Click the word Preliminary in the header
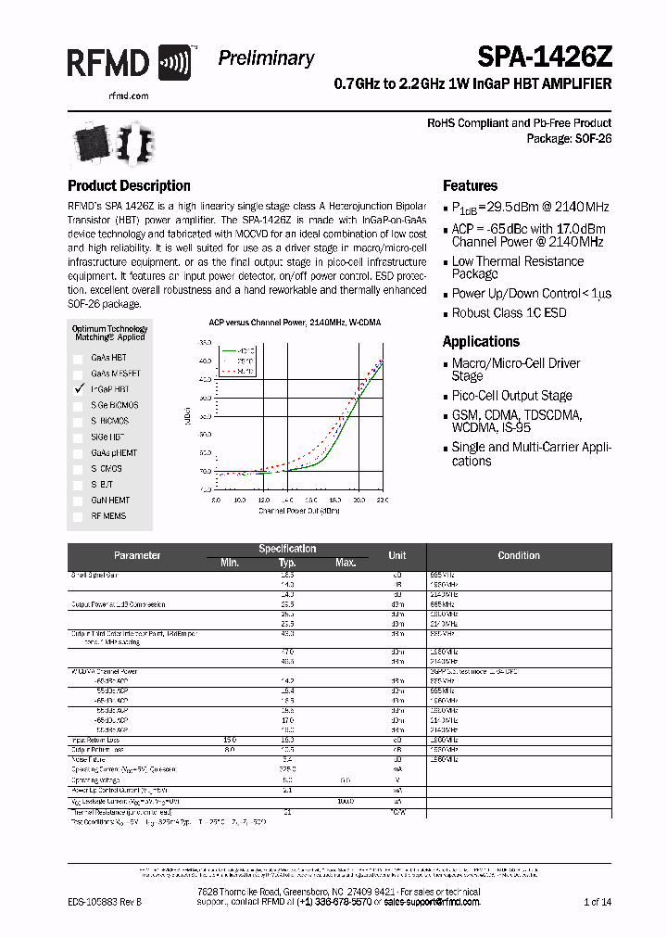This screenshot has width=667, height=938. point(266,58)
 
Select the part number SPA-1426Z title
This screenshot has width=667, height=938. point(545,58)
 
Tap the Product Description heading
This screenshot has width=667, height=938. point(129,185)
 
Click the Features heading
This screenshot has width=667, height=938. point(470,185)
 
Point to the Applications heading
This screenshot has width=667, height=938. point(481,341)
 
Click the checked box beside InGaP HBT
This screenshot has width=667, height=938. point(79,389)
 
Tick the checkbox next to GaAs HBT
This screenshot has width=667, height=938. point(79,358)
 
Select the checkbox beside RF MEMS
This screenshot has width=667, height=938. point(79,516)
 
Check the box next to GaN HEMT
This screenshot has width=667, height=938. point(79,501)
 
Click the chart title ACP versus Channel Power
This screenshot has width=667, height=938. point(295,323)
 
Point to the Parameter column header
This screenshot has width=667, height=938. point(137,556)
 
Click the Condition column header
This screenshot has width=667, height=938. point(519,556)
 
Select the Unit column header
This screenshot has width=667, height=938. point(397,556)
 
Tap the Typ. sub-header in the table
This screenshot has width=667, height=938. point(287,564)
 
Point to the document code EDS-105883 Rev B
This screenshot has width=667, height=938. point(106,902)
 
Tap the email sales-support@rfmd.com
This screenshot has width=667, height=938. point(432,901)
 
